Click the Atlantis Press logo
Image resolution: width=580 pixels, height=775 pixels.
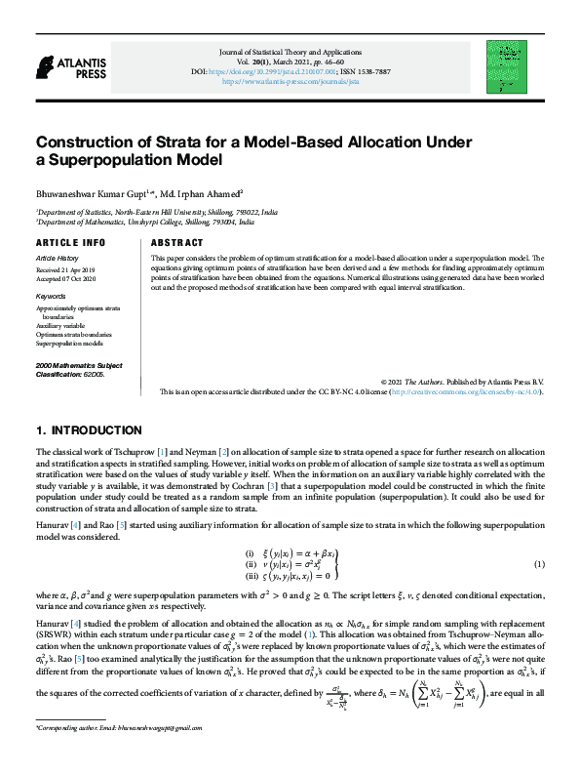pyautogui.click(x=60, y=65)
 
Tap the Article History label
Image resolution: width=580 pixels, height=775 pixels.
pyautogui.click(x=57, y=259)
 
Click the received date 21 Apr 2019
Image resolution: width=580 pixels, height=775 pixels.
pyautogui.click(x=70, y=268)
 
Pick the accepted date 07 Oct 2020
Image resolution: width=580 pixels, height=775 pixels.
pyautogui.click(x=71, y=278)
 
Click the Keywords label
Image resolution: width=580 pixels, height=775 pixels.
pyautogui.click(x=51, y=295)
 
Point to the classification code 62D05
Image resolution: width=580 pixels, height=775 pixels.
pyautogui.click(x=96, y=374)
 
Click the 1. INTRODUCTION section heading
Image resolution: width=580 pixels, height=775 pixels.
pyautogui.click(x=89, y=430)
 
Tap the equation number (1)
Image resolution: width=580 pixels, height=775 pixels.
pyautogui.click(x=539, y=565)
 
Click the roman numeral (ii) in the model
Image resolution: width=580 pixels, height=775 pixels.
pyautogui.click(x=249, y=565)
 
